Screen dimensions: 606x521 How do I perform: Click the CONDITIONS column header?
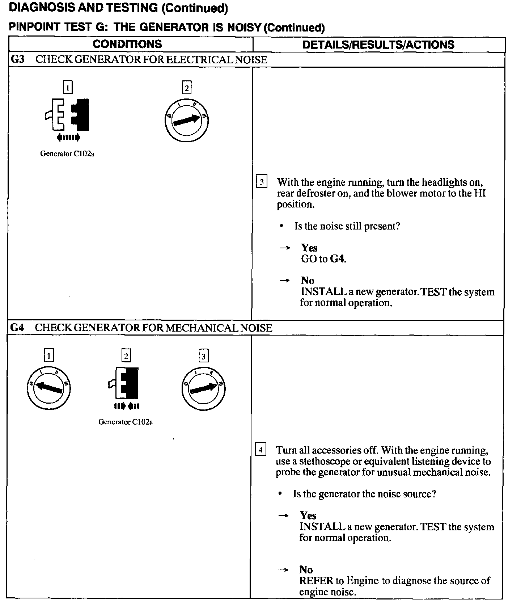click(x=127, y=44)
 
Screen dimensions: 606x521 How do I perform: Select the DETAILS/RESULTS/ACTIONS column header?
click(x=378, y=45)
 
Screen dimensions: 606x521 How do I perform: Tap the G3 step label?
click(x=17, y=59)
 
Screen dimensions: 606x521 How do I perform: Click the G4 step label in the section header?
click(x=17, y=328)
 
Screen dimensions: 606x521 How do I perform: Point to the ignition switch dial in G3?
click(x=186, y=119)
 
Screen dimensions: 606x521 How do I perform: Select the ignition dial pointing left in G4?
click(x=48, y=387)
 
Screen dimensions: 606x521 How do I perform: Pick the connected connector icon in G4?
click(x=125, y=383)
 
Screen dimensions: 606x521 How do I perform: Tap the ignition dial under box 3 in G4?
click(x=203, y=388)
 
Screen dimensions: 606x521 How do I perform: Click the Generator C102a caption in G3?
click(x=67, y=153)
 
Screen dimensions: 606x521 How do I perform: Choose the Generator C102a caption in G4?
click(x=126, y=422)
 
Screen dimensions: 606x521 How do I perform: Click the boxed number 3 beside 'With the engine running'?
click(x=262, y=182)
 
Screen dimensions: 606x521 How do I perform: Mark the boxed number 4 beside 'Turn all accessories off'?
click(x=260, y=450)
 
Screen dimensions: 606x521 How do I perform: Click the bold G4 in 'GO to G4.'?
click(x=338, y=259)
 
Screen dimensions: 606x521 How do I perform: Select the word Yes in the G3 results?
click(x=309, y=248)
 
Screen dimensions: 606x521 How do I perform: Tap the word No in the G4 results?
click(x=306, y=569)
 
